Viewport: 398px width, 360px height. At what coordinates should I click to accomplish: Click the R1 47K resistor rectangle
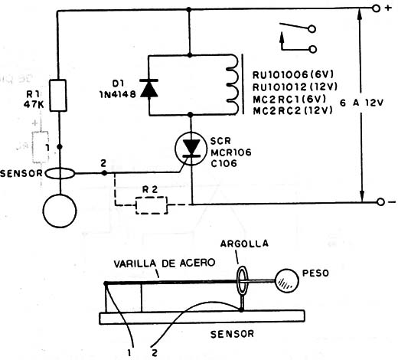tap(58, 96)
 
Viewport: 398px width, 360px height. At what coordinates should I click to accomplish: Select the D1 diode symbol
tap(149, 88)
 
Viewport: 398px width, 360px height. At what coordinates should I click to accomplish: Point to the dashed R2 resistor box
tap(152, 205)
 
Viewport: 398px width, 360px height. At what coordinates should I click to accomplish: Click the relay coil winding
tap(232, 84)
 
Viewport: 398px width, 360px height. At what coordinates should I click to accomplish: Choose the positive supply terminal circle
tap(376, 8)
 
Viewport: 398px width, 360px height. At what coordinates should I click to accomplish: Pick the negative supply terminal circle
tap(380, 202)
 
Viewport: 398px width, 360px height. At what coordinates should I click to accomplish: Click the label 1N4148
tap(118, 95)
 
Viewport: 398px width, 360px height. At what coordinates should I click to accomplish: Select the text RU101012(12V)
tap(295, 87)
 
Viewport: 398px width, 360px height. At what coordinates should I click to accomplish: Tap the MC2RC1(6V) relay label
tap(289, 99)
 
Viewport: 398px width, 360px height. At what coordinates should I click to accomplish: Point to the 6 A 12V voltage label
tap(362, 103)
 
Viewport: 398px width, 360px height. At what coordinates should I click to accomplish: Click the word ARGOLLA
tap(244, 244)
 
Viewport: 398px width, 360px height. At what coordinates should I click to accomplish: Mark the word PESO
tap(315, 273)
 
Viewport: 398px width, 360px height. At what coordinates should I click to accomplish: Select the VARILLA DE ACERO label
tap(165, 263)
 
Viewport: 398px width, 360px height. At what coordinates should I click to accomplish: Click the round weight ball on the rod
tap(287, 280)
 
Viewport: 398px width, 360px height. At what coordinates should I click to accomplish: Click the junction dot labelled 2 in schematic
tap(104, 173)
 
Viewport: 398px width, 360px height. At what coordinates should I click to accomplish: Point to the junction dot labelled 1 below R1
tap(60, 147)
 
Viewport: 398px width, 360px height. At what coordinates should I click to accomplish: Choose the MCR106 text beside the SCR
tap(231, 152)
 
